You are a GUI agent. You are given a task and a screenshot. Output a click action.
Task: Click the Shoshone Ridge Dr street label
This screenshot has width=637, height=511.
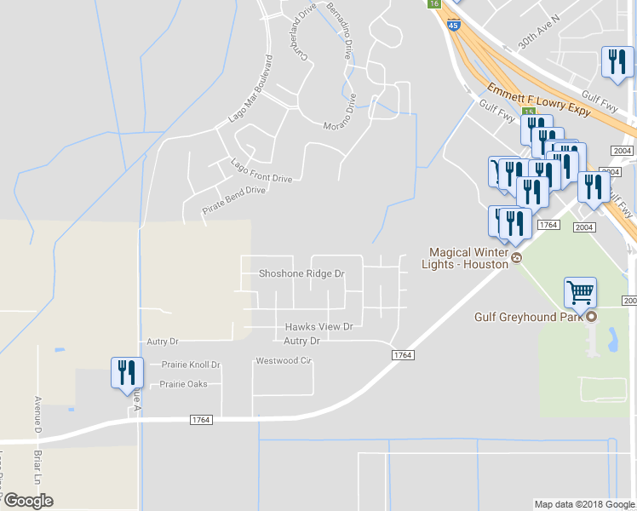tap(301, 274)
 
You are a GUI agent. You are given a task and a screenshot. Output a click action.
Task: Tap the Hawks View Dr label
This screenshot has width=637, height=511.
tap(318, 326)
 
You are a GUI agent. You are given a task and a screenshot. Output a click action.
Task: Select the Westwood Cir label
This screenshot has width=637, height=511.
tap(284, 361)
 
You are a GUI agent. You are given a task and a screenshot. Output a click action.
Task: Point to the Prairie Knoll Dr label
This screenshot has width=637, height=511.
tap(191, 365)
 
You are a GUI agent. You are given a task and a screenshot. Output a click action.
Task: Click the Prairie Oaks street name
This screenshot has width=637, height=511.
tap(184, 384)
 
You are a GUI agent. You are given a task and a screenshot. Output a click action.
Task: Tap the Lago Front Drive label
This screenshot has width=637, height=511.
tap(261, 170)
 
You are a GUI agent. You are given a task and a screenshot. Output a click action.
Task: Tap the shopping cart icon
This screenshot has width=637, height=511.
tap(580, 293)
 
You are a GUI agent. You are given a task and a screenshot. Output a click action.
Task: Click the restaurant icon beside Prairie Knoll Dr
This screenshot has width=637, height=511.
tap(124, 372)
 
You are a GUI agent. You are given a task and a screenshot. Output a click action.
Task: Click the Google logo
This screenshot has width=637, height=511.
tap(28, 501)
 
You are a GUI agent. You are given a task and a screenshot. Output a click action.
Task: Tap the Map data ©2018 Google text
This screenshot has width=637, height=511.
tap(584, 504)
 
